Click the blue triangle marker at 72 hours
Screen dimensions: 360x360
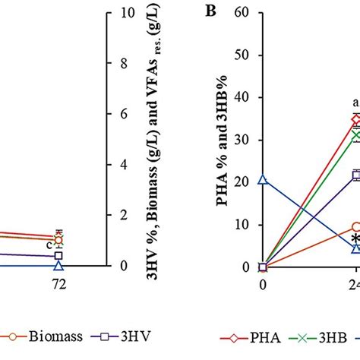tap(58, 266)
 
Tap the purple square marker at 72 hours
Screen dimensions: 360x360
tap(58, 256)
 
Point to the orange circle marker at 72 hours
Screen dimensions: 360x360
tap(58, 239)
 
